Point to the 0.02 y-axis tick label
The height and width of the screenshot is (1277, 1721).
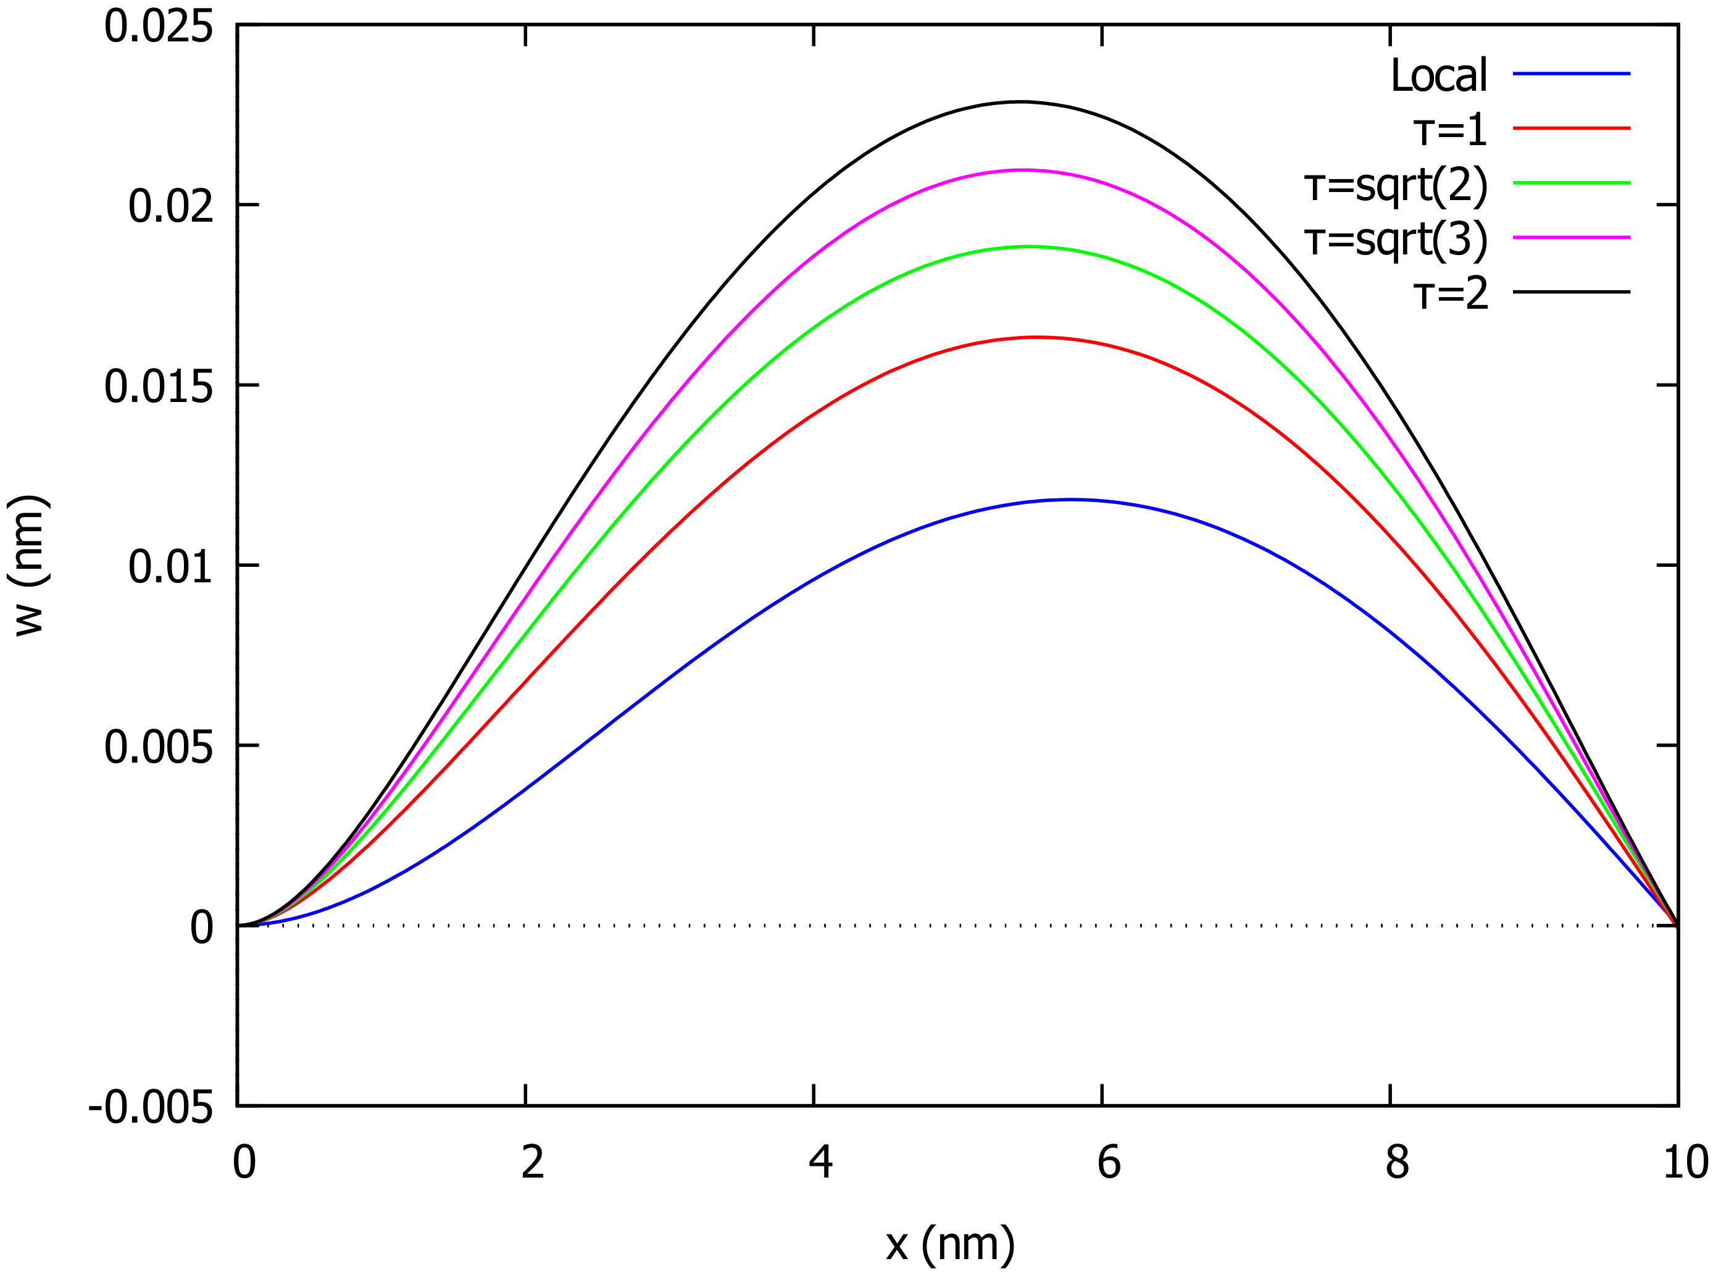pos(170,207)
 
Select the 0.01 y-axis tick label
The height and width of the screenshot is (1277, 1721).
pos(170,567)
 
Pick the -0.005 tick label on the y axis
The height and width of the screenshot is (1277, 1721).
pos(150,1108)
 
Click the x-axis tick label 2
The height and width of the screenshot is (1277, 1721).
pos(533,1162)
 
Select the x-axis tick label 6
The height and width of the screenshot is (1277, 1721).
pos(1108,1162)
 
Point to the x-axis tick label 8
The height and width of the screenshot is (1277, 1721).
pos(1396,1162)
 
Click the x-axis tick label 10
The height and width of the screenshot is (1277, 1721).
pos(1685,1162)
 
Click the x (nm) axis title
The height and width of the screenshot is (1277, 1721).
pos(950,1244)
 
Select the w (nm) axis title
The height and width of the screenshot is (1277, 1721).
pos(30,566)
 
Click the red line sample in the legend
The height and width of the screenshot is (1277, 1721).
pos(1571,128)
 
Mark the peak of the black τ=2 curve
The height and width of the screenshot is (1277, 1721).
pos(1020,101)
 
